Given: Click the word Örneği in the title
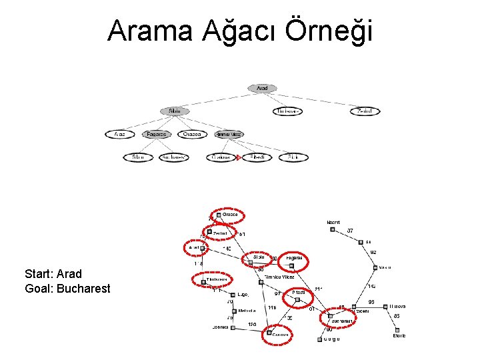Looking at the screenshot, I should tap(329, 31).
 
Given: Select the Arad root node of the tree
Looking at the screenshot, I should tap(262, 88).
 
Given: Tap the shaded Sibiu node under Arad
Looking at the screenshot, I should tap(175, 111).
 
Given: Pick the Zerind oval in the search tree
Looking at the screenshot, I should tap(365, 111).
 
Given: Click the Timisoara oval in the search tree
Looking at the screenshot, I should tap(287, 111).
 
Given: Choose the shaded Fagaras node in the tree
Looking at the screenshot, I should tap(157, 134).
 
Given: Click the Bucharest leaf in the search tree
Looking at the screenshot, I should tap(174, 157).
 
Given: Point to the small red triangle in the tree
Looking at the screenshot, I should tap(238, 157).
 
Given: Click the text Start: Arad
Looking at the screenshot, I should tap(53, 274).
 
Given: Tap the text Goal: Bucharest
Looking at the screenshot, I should tap(67, 289).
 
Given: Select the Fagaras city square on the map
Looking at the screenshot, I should tap(291, 265).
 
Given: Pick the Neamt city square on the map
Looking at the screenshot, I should tap(333, 230).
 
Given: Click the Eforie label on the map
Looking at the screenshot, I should tap(399, 336).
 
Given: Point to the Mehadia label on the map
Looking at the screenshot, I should tap(247, 310).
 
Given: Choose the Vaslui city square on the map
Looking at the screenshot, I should tap(376, 267).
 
